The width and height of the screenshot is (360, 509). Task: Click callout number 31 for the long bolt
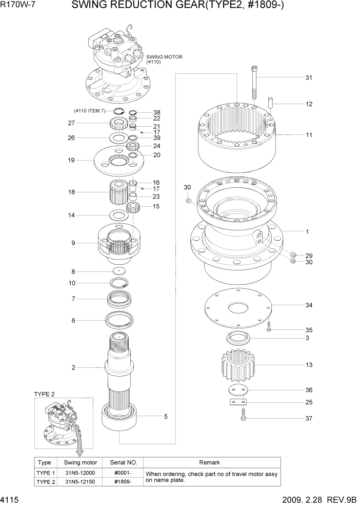pos(309,78)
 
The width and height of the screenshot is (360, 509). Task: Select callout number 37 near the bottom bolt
pos(309,418)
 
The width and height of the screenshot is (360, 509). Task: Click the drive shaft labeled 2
pos(122,367)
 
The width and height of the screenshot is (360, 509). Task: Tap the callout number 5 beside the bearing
pos(166,417)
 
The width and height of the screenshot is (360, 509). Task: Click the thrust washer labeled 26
pos(119,138)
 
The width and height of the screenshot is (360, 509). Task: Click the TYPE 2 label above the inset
pos(45,394)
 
